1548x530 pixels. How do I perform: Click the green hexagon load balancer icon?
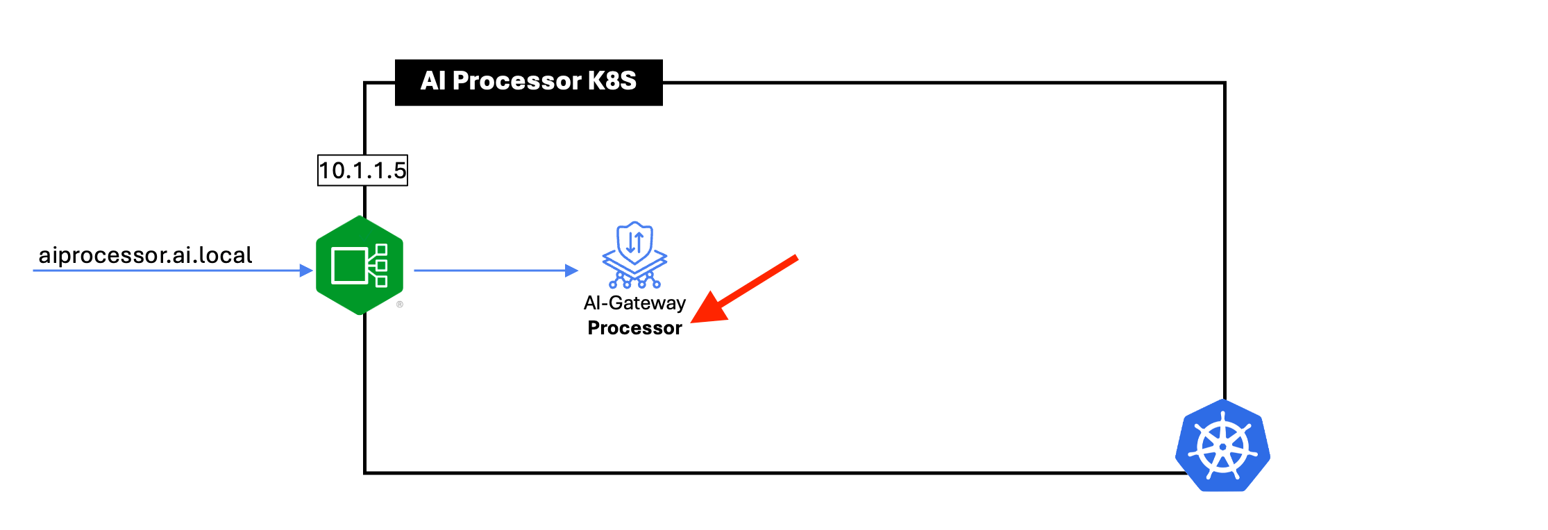pyautogui.click(x=360, y=266)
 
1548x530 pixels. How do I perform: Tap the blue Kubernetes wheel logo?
pyautogui.click(x=1222, y=446)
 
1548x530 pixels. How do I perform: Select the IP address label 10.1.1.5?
pyautogui.click(x=362, y=171)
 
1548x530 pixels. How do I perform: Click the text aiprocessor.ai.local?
pyautogui.click(x=145, y=255)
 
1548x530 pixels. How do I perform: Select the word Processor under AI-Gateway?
pyautogui.click(x=634, y=328)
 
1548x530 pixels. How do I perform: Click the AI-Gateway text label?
pyautogui.click(x=634, y=303)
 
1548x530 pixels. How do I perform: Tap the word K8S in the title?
pyautogui.click(x=612, y=81)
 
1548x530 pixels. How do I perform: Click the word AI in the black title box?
pyautogui.click(x=432, y=81)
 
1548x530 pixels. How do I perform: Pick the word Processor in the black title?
pyautogui.click(x=516, y=81)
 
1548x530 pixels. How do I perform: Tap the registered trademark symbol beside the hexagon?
pyautogui.click(x=400, y=305)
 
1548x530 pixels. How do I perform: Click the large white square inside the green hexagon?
pyautogui.click(x=349, y=266)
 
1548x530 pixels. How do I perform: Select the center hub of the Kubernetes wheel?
pyautogui.click(x=1222, y=447)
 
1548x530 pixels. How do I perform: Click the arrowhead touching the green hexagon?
pyautogui.click(x=306, y=271)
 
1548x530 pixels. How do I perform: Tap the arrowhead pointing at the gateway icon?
pyautogui.click(x=572, y=271)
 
